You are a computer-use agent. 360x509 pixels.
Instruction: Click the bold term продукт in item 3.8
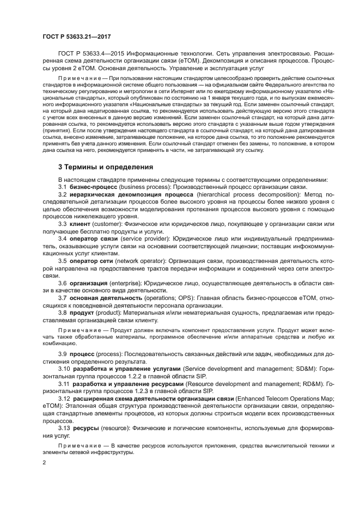coord(82,313)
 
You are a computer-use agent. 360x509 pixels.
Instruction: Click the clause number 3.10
coord(64,369)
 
